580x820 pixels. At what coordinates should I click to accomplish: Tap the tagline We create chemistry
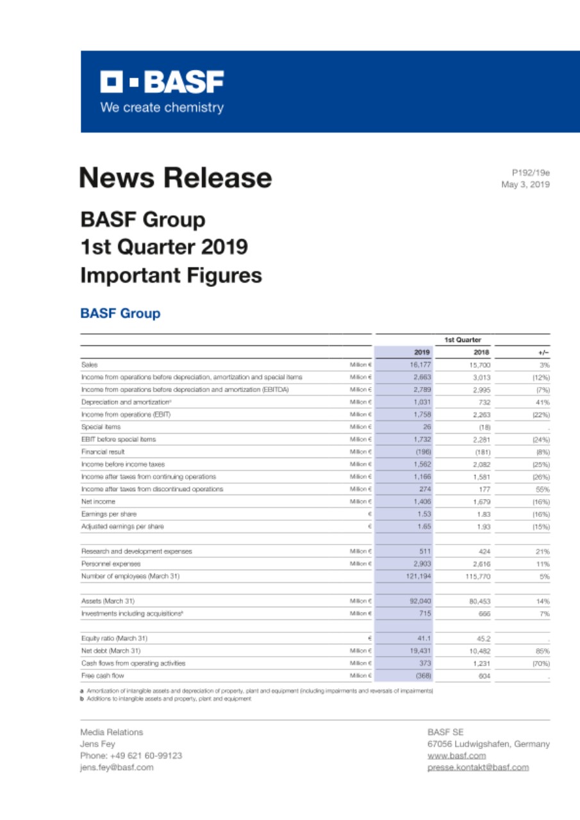click(x=162, y=107)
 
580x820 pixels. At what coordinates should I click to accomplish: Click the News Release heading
click(x=175, y=177)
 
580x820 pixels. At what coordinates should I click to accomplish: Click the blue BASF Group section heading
click(x=120, y=314)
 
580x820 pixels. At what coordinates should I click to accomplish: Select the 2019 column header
click(x=422, y=352)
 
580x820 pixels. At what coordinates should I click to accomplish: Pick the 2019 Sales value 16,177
click(x=420, y=365)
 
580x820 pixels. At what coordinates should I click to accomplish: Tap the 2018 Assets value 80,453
click(x=479, y=602)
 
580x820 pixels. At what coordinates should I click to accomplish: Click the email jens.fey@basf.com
click(x=117, y=767)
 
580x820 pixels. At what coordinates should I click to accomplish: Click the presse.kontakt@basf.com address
click(x=478, y=767)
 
